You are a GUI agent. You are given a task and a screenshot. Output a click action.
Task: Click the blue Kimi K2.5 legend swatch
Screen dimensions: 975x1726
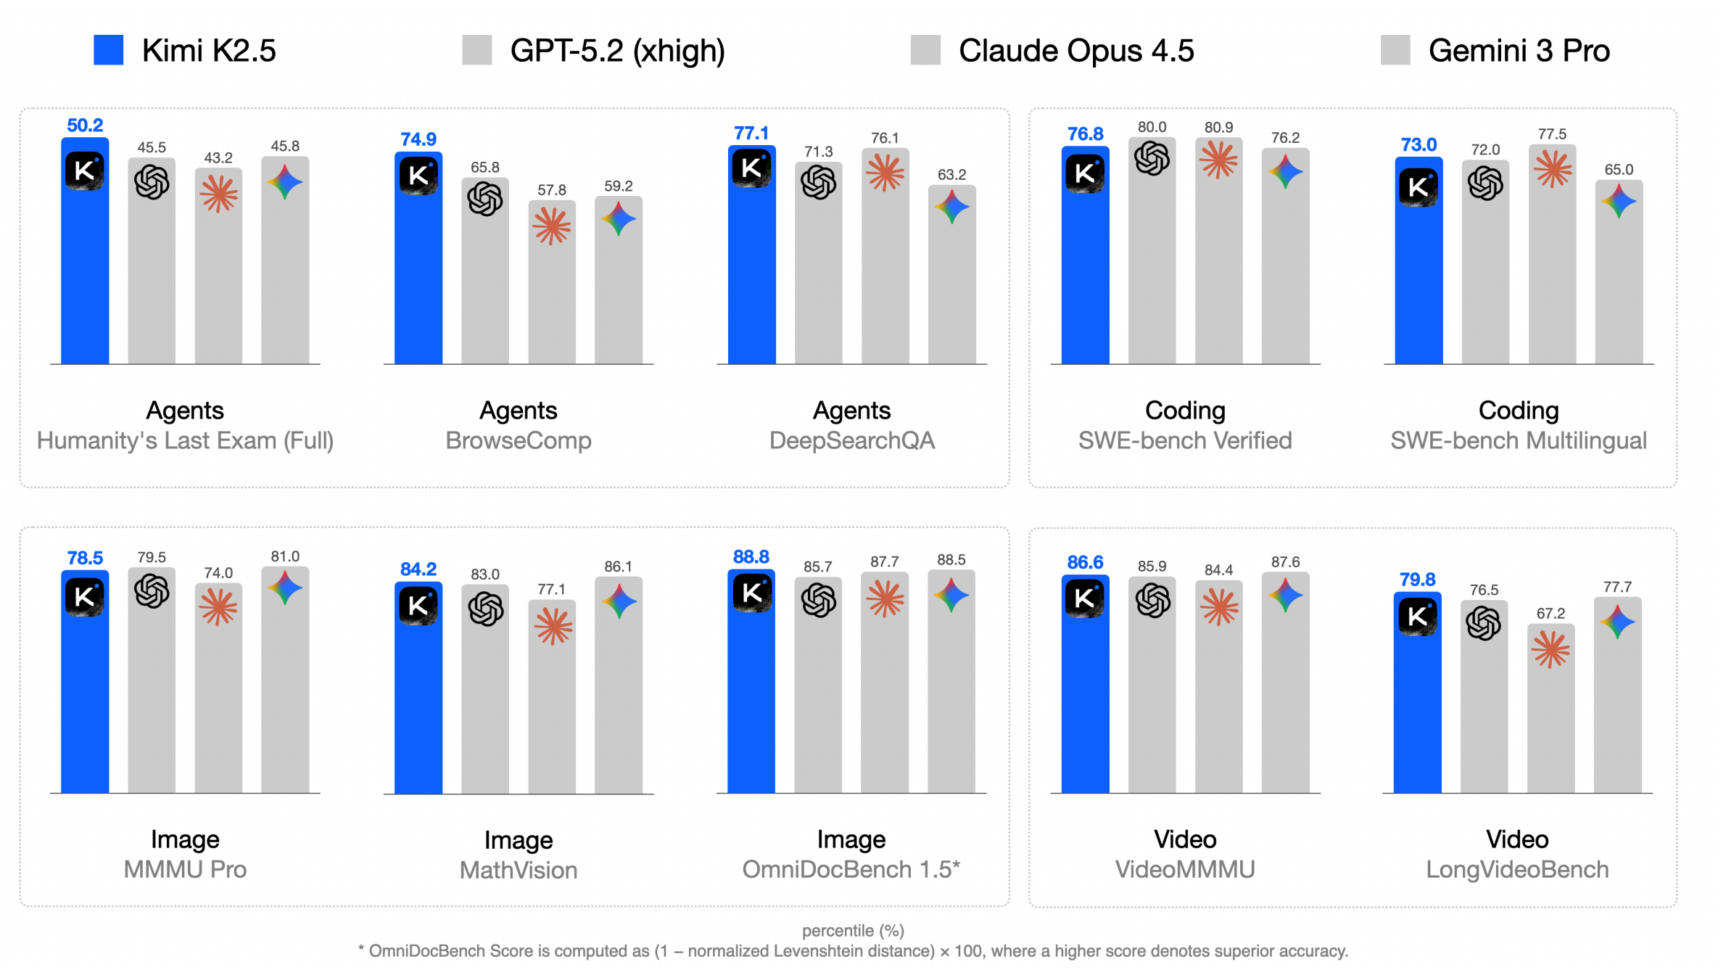pyautogui.click(x=109, y=50)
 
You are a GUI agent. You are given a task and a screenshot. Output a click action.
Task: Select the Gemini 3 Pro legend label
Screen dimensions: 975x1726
pyautogui.click(x=1519, y=51)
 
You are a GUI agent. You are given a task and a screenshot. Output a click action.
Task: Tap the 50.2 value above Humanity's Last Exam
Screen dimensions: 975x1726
pyautogui.click(x=85, y=126)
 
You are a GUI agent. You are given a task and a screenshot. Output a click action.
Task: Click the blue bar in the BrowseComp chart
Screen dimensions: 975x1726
pyautogui.click(x=418, y=276)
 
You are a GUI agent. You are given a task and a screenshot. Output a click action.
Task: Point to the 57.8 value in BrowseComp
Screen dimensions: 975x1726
pyautogui.click(x=552, y=190)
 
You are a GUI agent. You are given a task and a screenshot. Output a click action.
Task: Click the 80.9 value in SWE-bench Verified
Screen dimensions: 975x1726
pyautogui.click(x=1218, y=128)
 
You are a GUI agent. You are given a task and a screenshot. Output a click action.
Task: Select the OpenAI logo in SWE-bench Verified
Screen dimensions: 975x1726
pyautogui.click(x=1152, y=158)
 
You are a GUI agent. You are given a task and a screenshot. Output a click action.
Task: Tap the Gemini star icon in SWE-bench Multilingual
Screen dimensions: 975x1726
pyautogui.click(x=1619, y=201)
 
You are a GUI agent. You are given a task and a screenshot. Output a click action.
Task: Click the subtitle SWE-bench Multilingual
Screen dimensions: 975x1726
pyautogui.click(x=1519, y=440)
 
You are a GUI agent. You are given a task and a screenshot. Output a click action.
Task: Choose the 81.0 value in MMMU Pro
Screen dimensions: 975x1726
pyautogui.click(x=285, y=556)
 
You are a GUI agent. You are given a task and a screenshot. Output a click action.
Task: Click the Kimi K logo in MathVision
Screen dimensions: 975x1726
pyautogui.click(x=418, y=606)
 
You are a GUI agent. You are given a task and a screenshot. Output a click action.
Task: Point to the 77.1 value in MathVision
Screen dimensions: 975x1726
pyautogui.click(x=552, y=589)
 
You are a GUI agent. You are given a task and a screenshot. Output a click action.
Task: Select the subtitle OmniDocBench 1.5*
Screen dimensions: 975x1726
pyautogui.click(x=851, y=869)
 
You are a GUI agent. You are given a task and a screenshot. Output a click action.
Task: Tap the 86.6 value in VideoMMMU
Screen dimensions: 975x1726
pyautogui.click(x=1085, y=562)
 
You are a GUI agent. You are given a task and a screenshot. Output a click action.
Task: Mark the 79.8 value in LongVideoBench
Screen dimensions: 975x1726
pyautogui.click(x=1417, y=580)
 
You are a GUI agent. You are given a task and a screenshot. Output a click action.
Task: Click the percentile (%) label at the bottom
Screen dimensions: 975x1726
pyautogui.click(x=853, y=931)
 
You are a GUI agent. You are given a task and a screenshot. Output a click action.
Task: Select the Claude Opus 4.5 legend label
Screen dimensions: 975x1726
pyautogui.click(x=1076, y=51)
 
